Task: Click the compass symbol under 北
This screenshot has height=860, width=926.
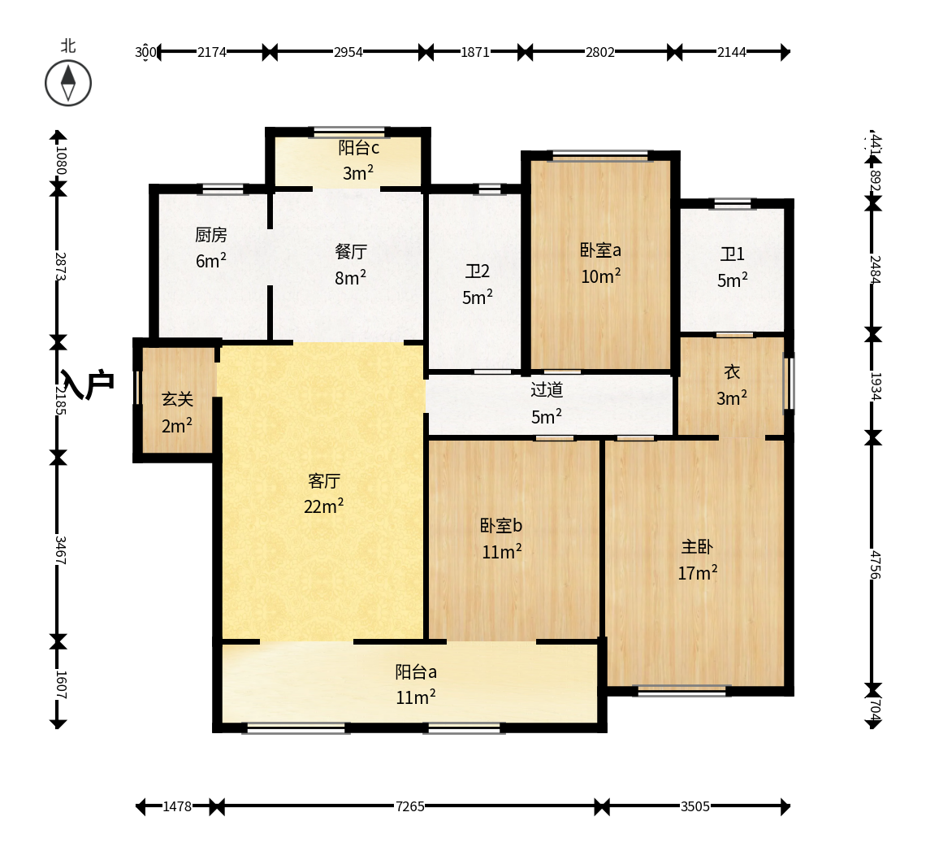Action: click(x=68, y=83)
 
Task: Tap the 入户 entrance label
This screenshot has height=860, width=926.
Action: click(x=87, y=384)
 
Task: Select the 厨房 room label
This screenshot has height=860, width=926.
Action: click(x=211, y=235)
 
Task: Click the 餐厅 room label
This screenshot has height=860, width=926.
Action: click(x=351, y=252)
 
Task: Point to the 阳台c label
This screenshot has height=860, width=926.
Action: click(x=358, y=148)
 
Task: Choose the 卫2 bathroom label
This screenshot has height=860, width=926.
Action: click(x=477, y=271)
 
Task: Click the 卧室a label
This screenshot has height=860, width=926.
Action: click(x=600, y=250)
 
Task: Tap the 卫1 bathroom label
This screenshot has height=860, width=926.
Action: click(x=733, y=254)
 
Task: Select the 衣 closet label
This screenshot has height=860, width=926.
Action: click(x=733, y=372)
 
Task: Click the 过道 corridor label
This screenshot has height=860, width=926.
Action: click(x=547, y=390)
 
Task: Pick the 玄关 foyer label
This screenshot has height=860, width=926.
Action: click(x=177, y=400)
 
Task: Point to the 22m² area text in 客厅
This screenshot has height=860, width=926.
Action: click(x=323, y=506)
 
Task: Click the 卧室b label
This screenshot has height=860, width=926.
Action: click(x=501, y=525)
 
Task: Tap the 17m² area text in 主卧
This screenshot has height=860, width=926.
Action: click(x=698, y=573)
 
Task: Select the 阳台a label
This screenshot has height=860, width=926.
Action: click(x=416, y=672)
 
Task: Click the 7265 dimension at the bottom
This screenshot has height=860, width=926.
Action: click(x=410, y=807)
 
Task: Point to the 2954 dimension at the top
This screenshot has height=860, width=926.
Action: click(x=348, y=52)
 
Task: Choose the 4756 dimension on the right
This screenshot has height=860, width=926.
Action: click(x=875, y=565)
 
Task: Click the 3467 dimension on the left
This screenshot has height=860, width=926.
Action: click(x=59, y=549)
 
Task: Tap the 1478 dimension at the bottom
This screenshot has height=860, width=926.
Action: click(x=177, y=807)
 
